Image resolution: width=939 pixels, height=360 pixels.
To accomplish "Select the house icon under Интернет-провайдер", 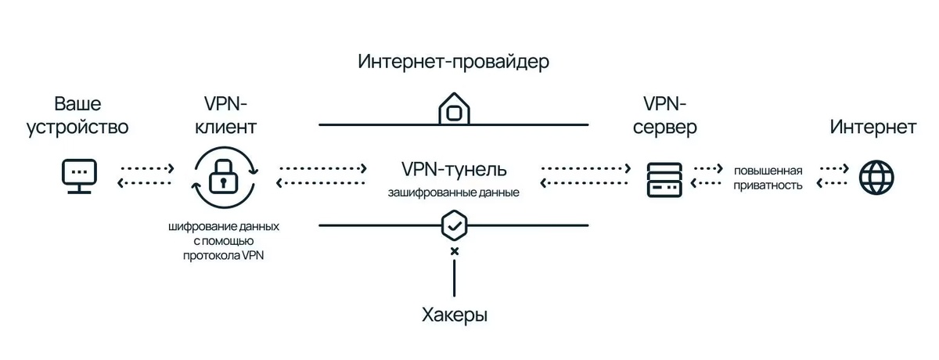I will pos(453,109).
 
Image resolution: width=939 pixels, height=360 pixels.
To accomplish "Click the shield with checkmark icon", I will pos(454,225).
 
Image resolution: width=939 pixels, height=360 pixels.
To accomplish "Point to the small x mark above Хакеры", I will pos(454,251).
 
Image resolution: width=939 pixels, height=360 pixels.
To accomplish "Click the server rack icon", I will pos(664,178).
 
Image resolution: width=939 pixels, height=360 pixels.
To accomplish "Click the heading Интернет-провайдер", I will pos(454,62).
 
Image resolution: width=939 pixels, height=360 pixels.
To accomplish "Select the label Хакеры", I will pos(454,315).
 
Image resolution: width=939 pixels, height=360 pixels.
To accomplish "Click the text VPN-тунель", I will pos(454,169).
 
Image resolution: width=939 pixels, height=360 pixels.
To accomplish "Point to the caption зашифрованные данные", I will pos(454,191).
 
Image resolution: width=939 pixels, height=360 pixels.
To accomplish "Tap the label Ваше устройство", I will pos(77,116).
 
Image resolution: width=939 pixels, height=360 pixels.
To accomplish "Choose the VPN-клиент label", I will pos(230,116).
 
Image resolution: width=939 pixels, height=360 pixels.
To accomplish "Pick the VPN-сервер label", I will pos(664,116).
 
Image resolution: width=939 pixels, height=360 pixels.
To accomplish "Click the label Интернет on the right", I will pos(873,127).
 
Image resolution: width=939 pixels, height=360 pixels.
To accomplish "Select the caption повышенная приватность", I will pos(768,178).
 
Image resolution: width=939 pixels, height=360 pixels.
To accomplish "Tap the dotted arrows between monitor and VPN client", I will pos(146,176).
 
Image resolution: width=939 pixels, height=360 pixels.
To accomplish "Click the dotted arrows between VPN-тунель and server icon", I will pos(586,176).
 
